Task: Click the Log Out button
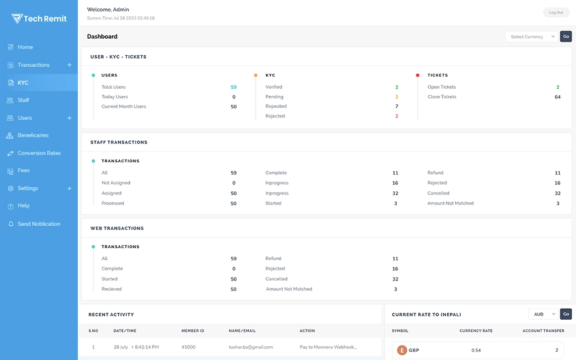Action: click(556, 12)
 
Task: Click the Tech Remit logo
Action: click(39, 18)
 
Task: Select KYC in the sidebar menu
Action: click(23, 83)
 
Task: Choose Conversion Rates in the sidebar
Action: click(39, 153)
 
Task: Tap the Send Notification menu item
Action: click(39, 224)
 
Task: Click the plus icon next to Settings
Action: click(70, 188)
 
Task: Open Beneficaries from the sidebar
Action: click(33, 135)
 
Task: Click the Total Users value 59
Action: click(233, 88)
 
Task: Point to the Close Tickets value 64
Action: click(557, 97)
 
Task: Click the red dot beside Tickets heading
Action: click(418, 75)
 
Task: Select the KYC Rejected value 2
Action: click(396, 116)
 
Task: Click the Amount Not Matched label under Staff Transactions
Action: click(450, 203)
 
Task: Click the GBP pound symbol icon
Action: click(401, 350)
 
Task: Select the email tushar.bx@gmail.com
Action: click(251, 347)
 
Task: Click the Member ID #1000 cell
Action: click(188, 347)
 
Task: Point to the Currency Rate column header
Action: click(476, 331)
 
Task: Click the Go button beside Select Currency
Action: click(566, 37)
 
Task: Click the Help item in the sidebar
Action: click(24, 206)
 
